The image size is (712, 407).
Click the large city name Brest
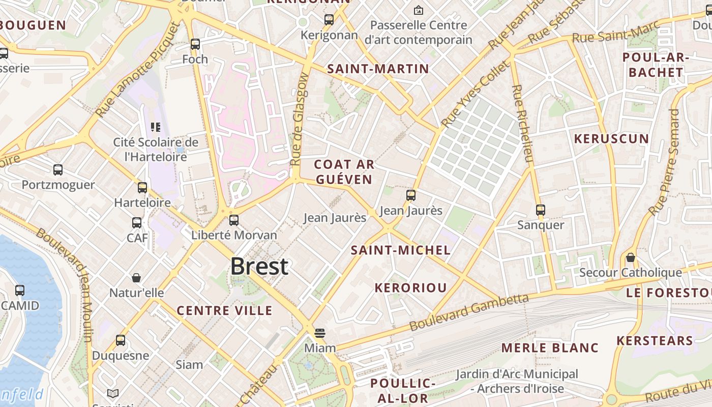tap(259, 266)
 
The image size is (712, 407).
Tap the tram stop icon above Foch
tap(195, 44)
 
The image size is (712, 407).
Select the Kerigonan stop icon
tap(329, 20)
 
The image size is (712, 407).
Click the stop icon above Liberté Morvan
tap(234, 220)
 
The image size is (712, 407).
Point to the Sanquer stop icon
tap(541, 210)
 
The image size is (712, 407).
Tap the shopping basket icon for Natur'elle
tap(136, 278)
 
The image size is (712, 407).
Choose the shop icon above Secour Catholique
tap(631, 257)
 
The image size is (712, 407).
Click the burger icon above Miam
tap(319, 333)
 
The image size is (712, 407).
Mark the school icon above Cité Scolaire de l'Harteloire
tap(156, 127)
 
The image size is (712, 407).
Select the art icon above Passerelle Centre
tap(419, 10)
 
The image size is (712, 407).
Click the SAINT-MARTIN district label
tap(378, 69)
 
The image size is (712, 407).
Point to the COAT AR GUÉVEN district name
tap(344, 171)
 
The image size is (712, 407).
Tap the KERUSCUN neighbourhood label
tap(611, 138)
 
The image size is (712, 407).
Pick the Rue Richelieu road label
tap(523, 123)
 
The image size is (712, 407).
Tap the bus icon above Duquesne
tap(121, 340)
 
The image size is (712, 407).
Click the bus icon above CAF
tap(137, 223)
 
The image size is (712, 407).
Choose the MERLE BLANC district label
tap(550, 347)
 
